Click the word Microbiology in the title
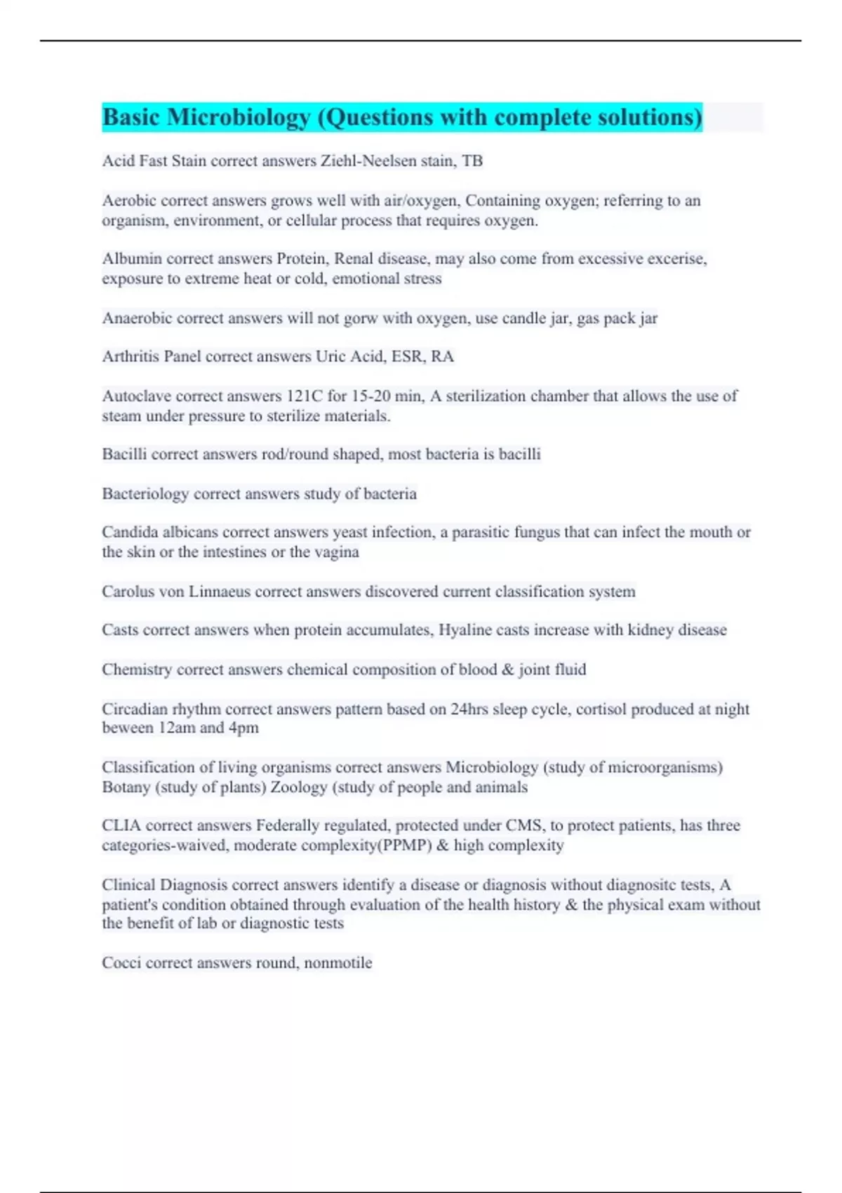(239, 117)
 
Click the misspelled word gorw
(360, 318)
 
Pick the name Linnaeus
(219, 591)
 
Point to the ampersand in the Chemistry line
(508, 669)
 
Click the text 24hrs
(469, 709)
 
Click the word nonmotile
(338, 962)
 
